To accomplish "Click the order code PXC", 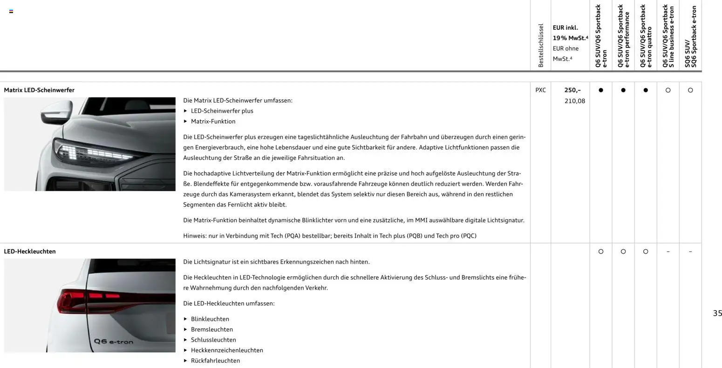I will click(540, 90).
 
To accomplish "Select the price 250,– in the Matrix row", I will click(572, 90).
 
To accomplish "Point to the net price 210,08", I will click(574, 101).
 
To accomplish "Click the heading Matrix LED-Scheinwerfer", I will click(39, 90).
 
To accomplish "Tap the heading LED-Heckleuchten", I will click(30, 251).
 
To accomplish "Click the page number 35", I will click(717, 313).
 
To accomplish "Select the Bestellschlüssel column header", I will click(541, 46).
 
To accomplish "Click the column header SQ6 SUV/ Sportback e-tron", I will click(690, 36).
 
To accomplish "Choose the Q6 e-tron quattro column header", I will click(646, 36).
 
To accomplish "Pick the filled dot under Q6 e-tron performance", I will click(623, 90).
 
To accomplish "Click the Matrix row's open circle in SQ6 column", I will click(690, 90).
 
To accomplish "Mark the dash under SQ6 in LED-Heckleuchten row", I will click(690, 252).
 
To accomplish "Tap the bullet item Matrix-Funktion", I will click(213, 121).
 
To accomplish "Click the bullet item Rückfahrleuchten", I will click(215, 361).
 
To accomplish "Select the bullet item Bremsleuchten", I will click(211, 329).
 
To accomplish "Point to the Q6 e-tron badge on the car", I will click(113, 342).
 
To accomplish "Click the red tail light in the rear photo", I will click(89, 299).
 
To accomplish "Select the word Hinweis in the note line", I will click(194, 236).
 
